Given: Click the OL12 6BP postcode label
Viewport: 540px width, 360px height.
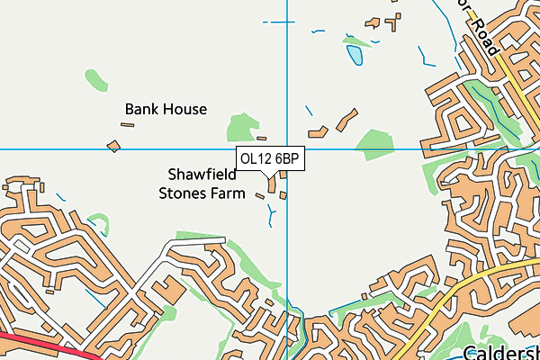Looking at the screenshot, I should (270, 158).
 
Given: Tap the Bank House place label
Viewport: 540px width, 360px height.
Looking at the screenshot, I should (166, 109).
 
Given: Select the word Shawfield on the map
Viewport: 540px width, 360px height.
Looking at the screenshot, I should (202, 174).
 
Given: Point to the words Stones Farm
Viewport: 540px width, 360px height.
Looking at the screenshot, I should (202, 192).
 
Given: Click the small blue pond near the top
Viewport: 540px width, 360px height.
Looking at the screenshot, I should (355, 57).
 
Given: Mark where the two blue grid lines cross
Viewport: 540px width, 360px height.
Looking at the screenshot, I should (287, 149).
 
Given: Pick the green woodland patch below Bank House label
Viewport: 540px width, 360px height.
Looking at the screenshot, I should (241, 127).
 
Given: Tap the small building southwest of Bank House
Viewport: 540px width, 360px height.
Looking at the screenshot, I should (113, 144).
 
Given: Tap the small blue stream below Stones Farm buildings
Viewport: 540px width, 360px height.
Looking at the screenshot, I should (271, 214).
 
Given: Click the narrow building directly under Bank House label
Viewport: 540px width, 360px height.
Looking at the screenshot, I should (128, 125).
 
